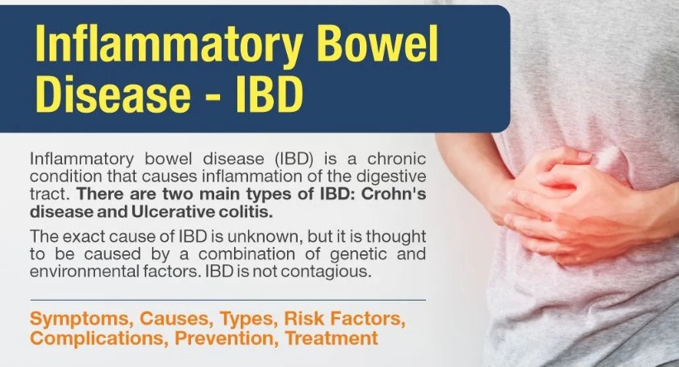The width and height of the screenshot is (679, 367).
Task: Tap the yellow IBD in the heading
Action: [270, 94]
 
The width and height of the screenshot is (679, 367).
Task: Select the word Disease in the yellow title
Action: [112, 94]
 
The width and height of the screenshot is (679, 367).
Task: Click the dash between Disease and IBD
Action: [213, 96]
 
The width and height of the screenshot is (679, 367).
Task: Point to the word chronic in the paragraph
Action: [397, 159]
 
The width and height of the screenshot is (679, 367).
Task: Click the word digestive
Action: [392, 177]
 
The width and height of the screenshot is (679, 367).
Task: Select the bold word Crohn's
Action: [394, 194]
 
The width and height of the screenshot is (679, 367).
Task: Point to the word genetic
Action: [358, 254]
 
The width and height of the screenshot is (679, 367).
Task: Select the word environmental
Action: [84, 272]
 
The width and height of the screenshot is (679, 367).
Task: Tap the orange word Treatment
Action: [332, 338]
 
